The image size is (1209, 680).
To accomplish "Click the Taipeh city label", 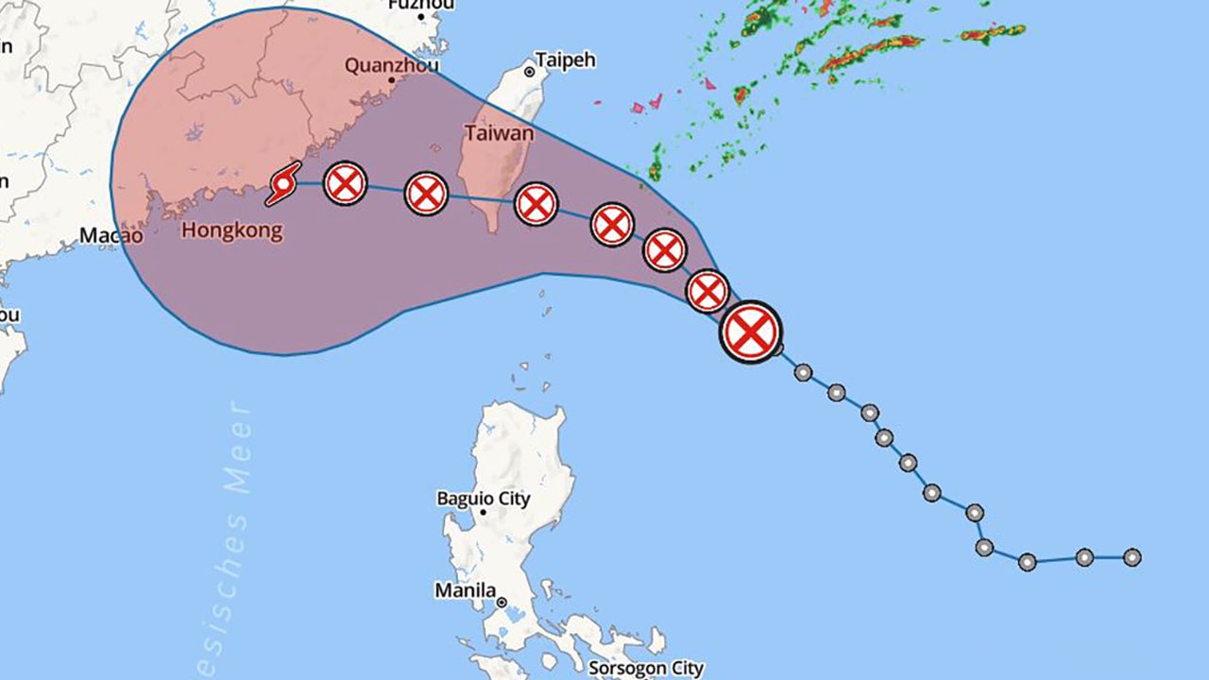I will point(566,60).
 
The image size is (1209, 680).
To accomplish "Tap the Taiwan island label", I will point(499,133).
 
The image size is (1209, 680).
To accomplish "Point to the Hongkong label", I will point(231,230).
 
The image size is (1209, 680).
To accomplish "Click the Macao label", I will point(111,235).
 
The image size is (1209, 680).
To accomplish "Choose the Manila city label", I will point(465,590).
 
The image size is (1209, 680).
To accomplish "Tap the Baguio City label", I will point(483,498).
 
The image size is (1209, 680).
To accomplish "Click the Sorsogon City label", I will point(645,669).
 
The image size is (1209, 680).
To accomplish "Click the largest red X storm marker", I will point(751,331).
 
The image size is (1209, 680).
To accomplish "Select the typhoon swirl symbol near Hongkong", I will point(282,183).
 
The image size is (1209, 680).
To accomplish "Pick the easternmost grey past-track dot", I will point(1132,557).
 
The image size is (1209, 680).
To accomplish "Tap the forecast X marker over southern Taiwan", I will point(536,204).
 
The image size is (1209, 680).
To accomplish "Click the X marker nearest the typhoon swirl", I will point(345,183).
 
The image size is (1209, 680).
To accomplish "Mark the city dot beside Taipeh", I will point(530,72).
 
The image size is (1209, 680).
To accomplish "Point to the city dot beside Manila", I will point(502,602).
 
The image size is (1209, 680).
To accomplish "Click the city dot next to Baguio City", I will point(483,513).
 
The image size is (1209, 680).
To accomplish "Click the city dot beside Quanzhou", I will point(391,80).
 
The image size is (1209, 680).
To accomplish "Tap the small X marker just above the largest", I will point(707,291).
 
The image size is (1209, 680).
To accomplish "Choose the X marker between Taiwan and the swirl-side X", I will point(426,194).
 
